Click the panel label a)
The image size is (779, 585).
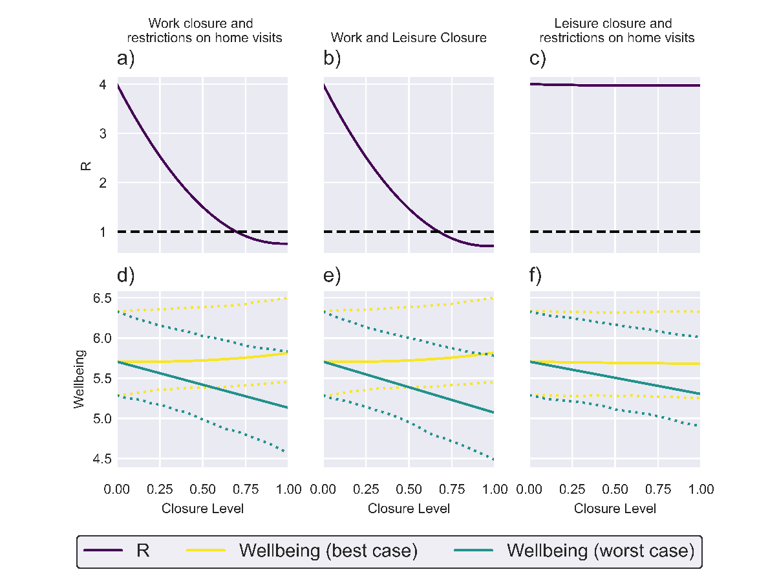tap(125, 59)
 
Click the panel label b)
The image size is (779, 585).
tap(332, 59)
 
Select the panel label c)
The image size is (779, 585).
tap(538, 59)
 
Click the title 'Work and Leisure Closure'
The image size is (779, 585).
tap(409, 38)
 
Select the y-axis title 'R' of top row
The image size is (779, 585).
tap(85, 166)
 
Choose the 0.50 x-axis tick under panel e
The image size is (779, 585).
tap(409, 489)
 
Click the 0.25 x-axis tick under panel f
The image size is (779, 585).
tap(572, 489)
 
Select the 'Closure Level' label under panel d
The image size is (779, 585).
tap(202, 509)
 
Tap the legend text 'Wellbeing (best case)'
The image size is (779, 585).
tap(328, 551)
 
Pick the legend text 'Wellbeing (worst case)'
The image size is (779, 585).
tap(600, 551)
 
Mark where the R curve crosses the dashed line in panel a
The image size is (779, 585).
tap(237, 232)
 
